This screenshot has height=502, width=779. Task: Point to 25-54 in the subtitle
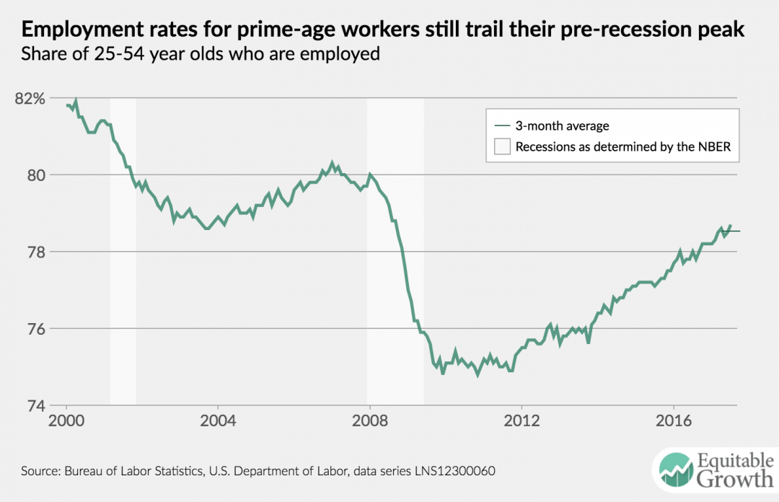click(x=107, y=54)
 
